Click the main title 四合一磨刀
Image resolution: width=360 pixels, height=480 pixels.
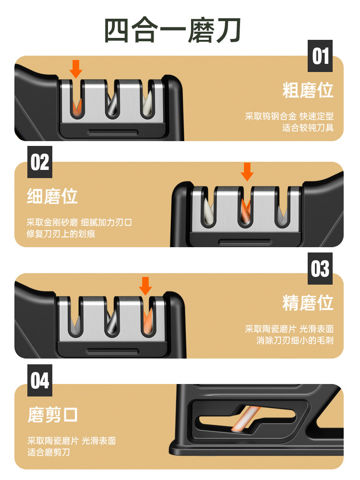coord(173,30)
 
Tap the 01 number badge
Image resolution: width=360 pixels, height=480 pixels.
coord(320,56)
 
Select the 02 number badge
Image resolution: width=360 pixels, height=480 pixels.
coord(40,162)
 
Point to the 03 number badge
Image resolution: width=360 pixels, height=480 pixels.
coord(320,268)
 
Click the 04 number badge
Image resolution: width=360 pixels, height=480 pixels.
coord(40,380)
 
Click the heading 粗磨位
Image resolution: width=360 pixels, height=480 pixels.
coord(308,90)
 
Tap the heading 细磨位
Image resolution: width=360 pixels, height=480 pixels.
coord(52,196)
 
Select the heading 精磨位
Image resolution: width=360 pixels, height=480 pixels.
coord(308,303)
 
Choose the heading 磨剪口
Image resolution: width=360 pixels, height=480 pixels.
coord(52,415)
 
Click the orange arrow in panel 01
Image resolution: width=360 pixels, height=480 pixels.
coord(76,69)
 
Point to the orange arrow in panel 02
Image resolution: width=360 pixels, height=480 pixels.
coord(247,172)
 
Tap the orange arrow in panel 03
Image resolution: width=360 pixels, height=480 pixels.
coord(145,286)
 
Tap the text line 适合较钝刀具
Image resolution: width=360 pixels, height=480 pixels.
coord(308,128)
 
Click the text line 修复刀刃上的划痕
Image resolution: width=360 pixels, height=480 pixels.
coord(61,234)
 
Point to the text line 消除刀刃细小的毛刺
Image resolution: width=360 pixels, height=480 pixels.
coord(295,340)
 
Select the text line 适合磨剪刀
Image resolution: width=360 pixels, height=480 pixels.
coord(48,452)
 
